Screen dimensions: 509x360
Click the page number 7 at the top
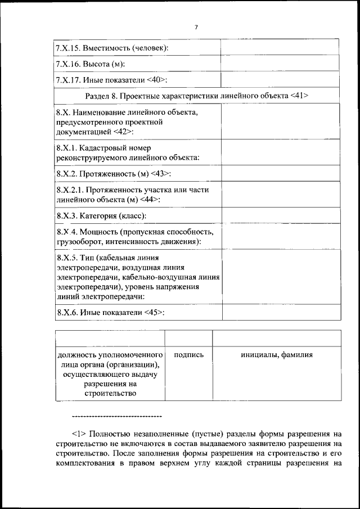click(196, 27)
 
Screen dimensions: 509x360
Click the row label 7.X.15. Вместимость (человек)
click(112, 48)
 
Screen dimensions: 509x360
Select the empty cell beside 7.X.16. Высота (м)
click(280, 64)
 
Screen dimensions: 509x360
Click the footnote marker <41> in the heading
click(298, 96)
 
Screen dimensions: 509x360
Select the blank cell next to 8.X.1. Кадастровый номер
click(280, 153)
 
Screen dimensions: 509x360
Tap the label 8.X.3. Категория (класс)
click(101, 215)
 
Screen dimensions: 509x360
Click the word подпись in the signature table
click(188, 355)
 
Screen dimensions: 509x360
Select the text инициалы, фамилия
click(276, 355)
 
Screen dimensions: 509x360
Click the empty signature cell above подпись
click(188, 338)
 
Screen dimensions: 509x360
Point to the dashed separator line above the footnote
click(117, 417)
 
